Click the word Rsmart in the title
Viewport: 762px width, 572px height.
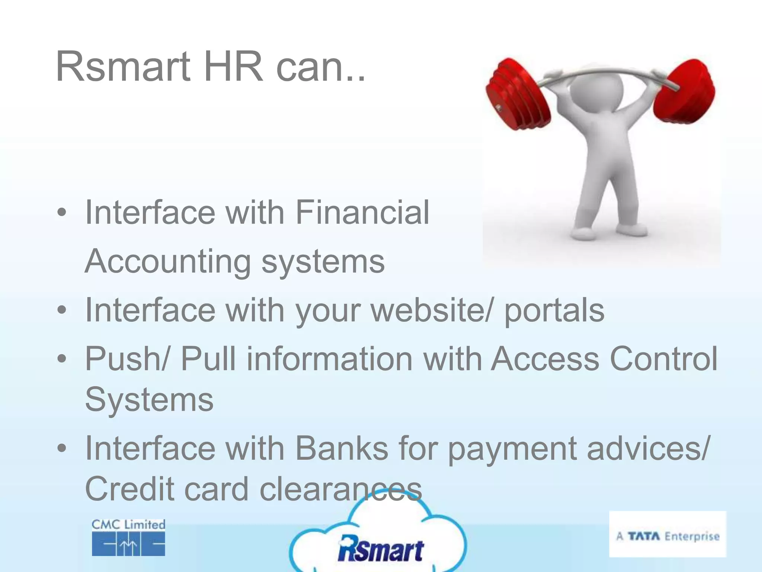pos(123,67)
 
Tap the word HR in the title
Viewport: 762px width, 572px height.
pos(233,67)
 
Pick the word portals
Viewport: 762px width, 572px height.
pos(554,311)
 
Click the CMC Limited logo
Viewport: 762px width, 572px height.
pos(128,537)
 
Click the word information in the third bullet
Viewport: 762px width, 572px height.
pos(329,359)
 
